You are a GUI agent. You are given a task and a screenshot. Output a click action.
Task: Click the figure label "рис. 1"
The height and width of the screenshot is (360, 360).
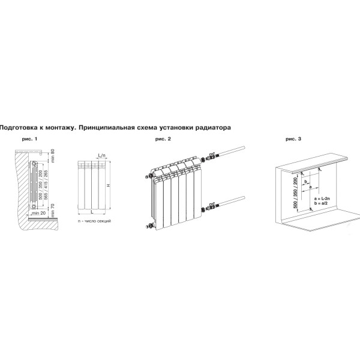[29, 139]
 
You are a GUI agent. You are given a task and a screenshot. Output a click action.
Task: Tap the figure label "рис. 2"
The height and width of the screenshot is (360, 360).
[163, 139]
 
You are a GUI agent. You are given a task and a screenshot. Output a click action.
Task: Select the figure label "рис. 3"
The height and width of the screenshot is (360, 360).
[294, 139]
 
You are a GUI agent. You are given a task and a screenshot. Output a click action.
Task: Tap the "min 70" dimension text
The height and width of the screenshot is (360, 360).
[53, 208]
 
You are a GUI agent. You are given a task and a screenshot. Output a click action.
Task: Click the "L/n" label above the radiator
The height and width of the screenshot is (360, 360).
[101, 155]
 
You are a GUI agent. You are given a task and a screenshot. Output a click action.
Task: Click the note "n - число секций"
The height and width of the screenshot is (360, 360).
[94, 222]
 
